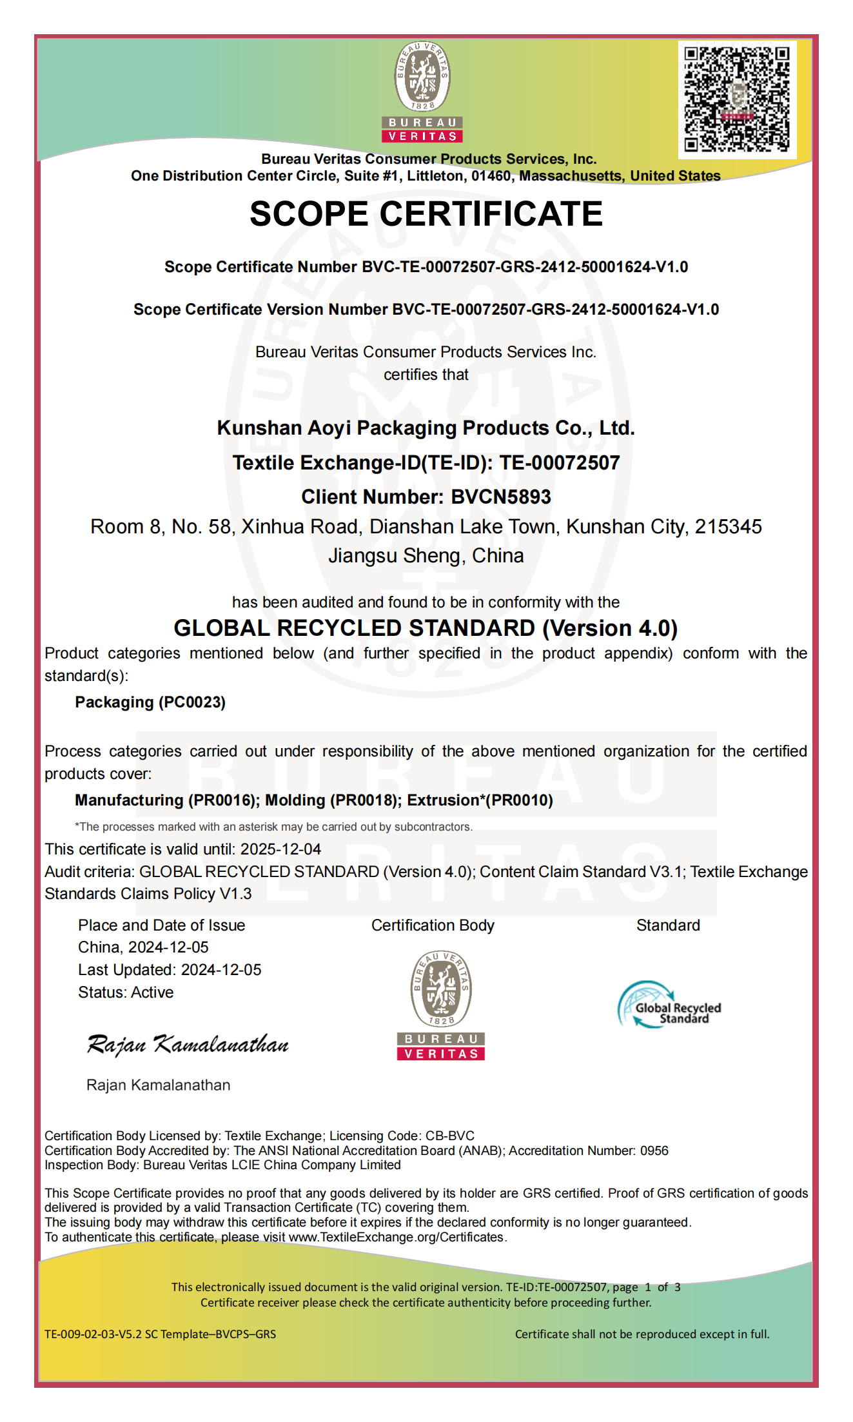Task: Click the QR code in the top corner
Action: tap(737, 99)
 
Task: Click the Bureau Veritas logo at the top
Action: tap(422, 92)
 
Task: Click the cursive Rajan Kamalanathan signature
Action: tap(188, 1044)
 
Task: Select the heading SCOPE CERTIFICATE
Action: tap(426, 214)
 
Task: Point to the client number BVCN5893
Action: tap(501, 497)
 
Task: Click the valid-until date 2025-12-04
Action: tap(280, 849)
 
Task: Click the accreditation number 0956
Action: tap(654, 1150)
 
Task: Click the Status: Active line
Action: tap(126, 992)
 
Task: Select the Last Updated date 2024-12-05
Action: tap(221, 970)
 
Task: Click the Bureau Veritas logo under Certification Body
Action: tap(441, 1005)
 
